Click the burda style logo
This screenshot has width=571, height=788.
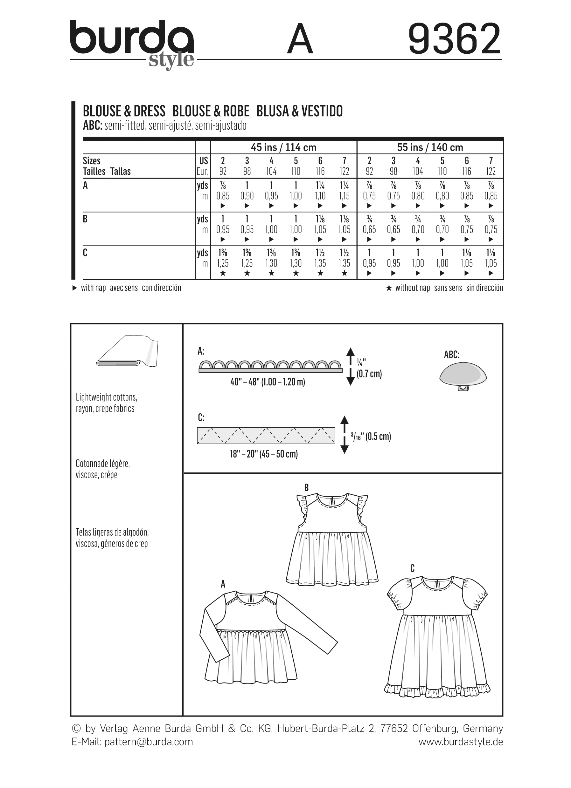132,44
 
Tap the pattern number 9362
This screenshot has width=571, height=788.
455,39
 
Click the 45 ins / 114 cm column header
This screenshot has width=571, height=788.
283,147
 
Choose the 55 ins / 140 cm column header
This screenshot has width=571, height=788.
430,147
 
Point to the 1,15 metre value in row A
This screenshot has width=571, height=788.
344,196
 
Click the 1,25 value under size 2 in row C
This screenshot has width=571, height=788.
223,263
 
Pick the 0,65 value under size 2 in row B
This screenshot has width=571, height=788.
369,230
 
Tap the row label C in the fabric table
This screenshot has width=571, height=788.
85,253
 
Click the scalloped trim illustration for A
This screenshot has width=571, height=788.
270,366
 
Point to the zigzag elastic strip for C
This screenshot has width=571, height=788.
266,436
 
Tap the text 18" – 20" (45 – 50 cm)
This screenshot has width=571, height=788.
264,454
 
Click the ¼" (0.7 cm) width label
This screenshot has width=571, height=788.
369,369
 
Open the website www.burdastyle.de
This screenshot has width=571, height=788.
460,742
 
